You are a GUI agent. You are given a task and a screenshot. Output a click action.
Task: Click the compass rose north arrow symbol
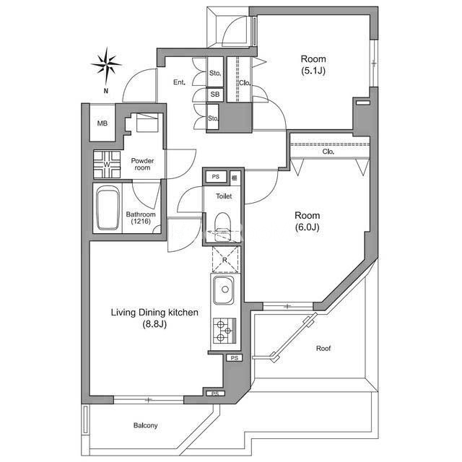coord(106,66)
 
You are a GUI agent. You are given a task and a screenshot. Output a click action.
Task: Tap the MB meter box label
coord(103,123)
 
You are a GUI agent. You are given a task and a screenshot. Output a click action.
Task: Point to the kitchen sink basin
coord(224,290)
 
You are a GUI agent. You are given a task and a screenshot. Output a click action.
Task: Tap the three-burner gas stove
coord(225,331)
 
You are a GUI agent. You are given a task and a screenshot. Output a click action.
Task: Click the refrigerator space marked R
coord(225,259)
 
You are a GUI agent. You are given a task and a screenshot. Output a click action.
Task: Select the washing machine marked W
coord(107,165)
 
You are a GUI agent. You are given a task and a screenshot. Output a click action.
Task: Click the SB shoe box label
coord(215,95)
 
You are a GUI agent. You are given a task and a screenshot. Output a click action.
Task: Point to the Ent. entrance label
coord(179,82)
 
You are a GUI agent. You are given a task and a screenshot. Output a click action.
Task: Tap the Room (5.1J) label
coord(313,65)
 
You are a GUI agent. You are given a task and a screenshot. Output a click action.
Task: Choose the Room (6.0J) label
coord(308,222)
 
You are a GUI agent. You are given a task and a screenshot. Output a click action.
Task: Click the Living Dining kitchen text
coord(154,313)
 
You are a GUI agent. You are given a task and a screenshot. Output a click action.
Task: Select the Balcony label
coord(146,425)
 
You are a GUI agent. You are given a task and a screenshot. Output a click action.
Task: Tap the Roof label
coord(323,348)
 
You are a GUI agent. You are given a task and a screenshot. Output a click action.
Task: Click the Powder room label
coord(142,164)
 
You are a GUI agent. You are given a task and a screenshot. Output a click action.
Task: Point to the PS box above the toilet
coord(216,177)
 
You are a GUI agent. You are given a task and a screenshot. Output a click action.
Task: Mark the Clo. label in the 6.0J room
coord(328,152)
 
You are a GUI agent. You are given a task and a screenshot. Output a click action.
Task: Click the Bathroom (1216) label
coord(141,218)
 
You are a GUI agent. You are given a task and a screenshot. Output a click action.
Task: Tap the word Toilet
coord(224,196)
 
